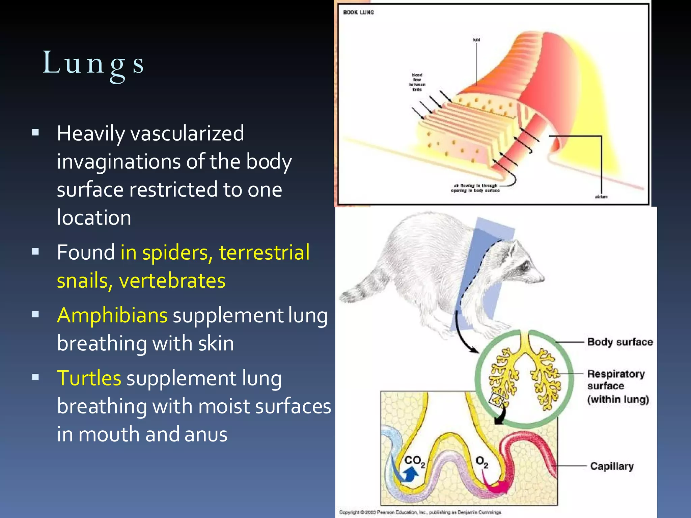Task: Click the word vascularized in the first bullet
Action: click(x=187, y=134)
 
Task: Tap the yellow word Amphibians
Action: click(x=112, y=316)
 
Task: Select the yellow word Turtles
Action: click(x=89, y=378)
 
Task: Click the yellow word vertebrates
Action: click(x=172, y=281)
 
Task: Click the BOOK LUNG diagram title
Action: click(x=358, y=12)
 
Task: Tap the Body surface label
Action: click(x=620, y=342)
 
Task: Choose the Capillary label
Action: click(x=612, y=466)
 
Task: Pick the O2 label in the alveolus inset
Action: click(x=482, y=462)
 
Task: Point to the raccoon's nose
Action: click(x=542, y=279)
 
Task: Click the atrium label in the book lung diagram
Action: click(x=601, y=197)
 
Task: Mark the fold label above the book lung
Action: click(x=476, y=40)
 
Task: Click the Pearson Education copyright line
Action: click(x=420, y=512)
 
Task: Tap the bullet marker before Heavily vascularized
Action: click(x=35, y=132)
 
